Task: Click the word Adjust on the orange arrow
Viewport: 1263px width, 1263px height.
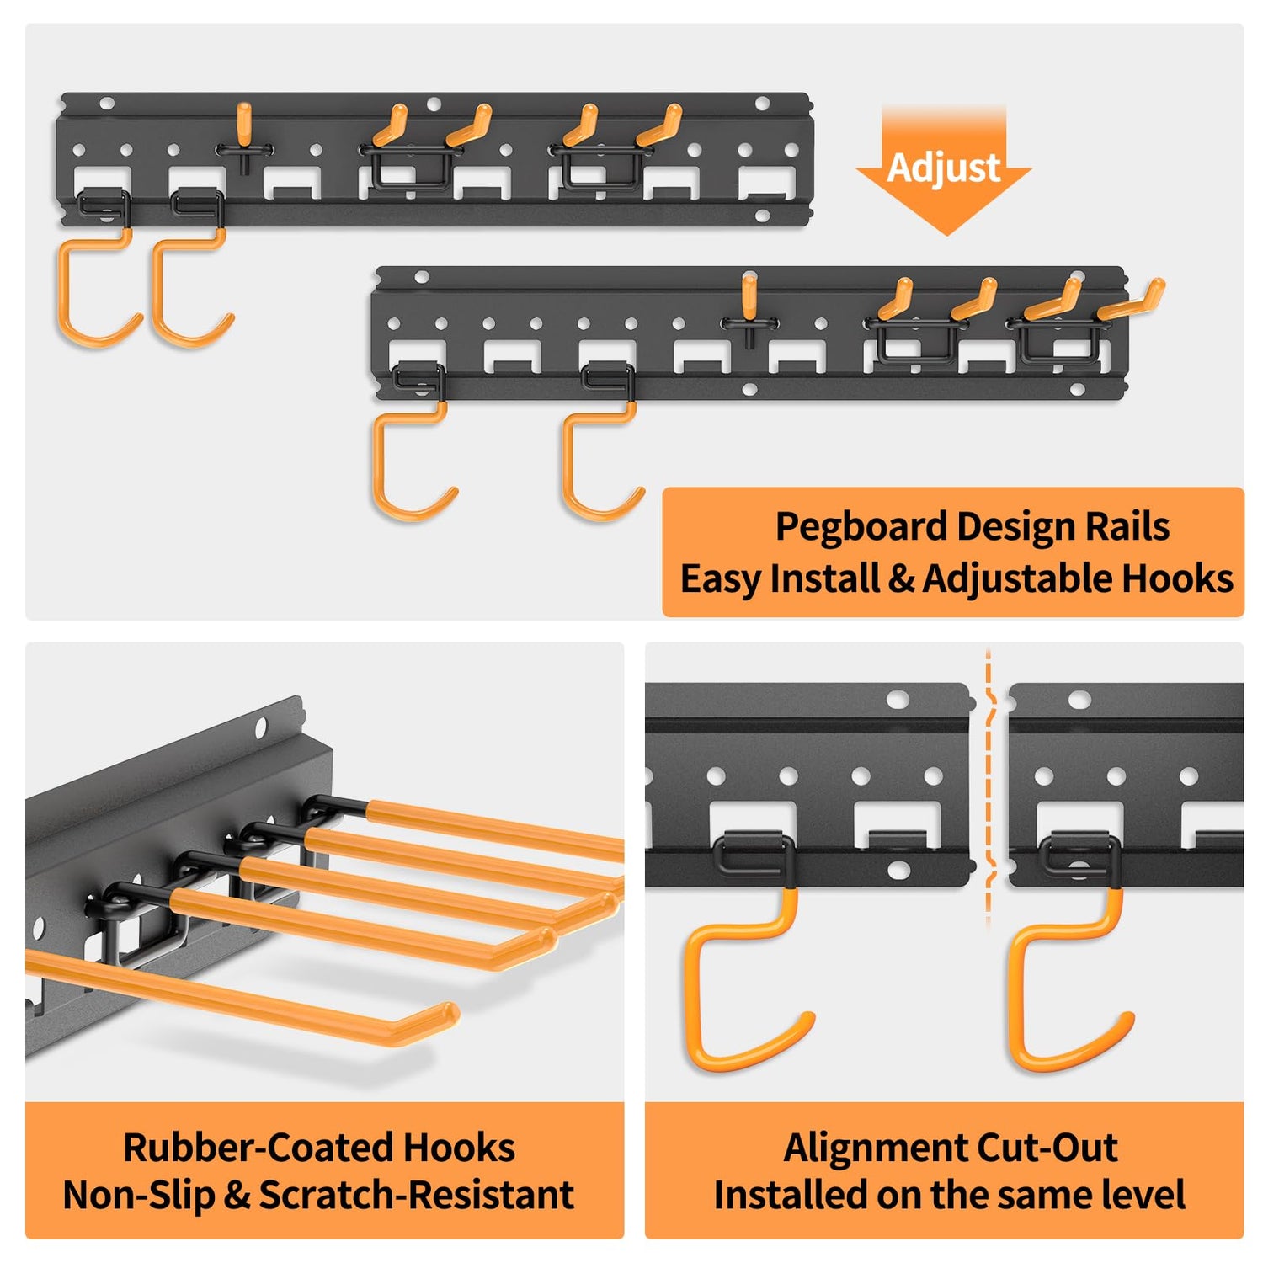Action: click(944, 168)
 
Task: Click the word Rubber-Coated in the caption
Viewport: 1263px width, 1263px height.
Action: click(257, 1148)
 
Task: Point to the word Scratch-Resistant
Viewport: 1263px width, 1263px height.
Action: click(416, 1195)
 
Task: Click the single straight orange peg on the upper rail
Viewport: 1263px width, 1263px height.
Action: click(244, 125)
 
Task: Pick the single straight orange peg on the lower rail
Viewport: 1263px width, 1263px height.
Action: click(749, 297)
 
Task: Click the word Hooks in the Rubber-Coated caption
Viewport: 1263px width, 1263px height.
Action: click(459, 1148)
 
